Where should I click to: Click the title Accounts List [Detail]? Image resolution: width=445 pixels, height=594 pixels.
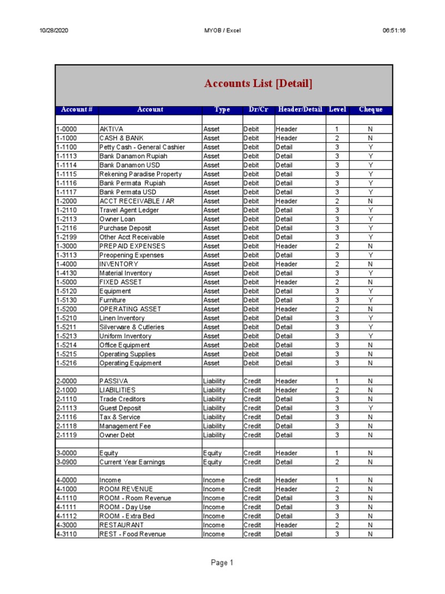coord(258,84)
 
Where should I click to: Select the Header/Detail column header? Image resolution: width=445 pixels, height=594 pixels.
coord(299,110)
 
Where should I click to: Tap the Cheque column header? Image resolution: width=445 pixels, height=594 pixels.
coord(370,110)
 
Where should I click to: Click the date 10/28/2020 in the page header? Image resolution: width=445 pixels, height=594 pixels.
coord(53,31)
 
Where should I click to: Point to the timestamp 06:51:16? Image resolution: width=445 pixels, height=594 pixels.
coord(394,31)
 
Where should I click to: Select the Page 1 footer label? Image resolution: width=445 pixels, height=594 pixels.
coord(222,563)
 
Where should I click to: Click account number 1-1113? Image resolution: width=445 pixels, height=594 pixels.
coord(66,156)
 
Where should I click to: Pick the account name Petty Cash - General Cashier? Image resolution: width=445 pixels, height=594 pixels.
coord(142,147)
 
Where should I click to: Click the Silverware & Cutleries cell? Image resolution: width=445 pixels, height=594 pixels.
coord(132,327)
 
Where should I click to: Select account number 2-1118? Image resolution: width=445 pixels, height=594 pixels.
coord(66,426)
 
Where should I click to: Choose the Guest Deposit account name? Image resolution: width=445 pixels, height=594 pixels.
coord(120,408)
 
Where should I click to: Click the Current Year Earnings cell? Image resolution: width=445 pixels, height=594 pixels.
coord(132,462)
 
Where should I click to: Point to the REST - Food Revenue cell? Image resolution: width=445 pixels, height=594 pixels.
coord(132,534)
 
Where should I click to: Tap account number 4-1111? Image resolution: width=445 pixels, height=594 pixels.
coord(66,507)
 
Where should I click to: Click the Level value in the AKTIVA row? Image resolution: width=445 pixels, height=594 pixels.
coord(337,129)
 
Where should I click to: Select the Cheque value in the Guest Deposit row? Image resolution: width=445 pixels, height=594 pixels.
coord(370,408)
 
